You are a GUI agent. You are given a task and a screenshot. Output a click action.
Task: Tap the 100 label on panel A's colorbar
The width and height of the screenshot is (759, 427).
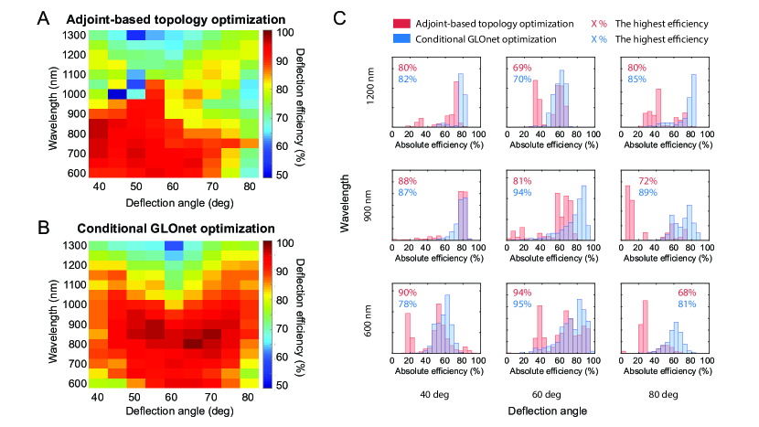(x=284, y=33)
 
